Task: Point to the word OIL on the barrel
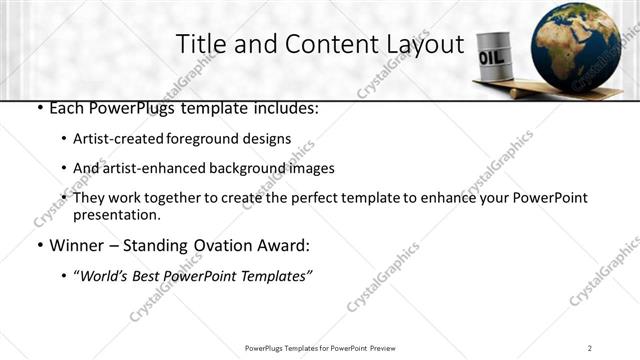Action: (492, 58)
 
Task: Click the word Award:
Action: (283, 245)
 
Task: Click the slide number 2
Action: (591, 348)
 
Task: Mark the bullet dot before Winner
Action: (38, 246)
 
